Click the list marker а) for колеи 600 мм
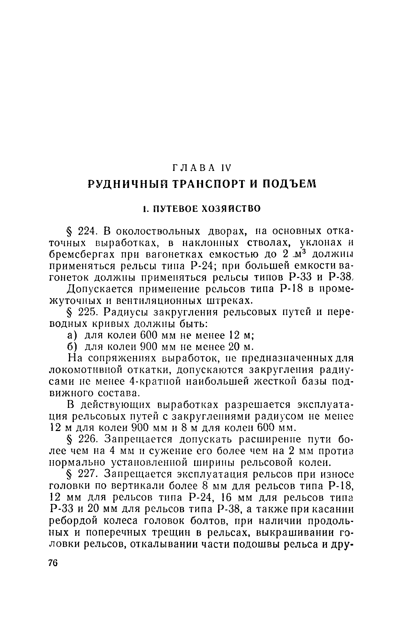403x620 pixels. (x=72, y=335)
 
